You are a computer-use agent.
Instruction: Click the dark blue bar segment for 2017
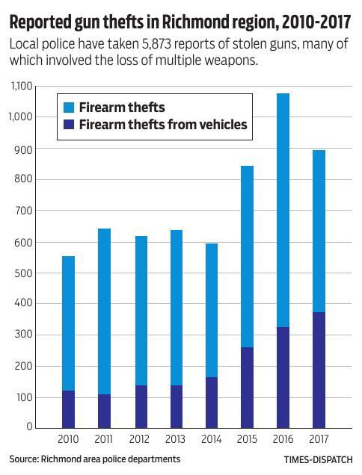click(x=319, y=370)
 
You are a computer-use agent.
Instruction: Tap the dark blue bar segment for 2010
click(x=68, y=409)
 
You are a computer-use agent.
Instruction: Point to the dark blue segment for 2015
click(x=247, y=387)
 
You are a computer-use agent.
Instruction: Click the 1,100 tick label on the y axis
click(x=22, y=87)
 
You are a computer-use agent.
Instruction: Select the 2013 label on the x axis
click(x=176, y=438)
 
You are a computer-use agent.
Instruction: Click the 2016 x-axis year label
click(x=283, y=438)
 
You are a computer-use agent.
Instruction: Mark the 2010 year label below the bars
click(x=68, y=438)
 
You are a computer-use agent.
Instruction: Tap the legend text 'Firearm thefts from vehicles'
click(x=162, y=125)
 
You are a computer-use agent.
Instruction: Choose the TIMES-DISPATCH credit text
click(x=316, y=460)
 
